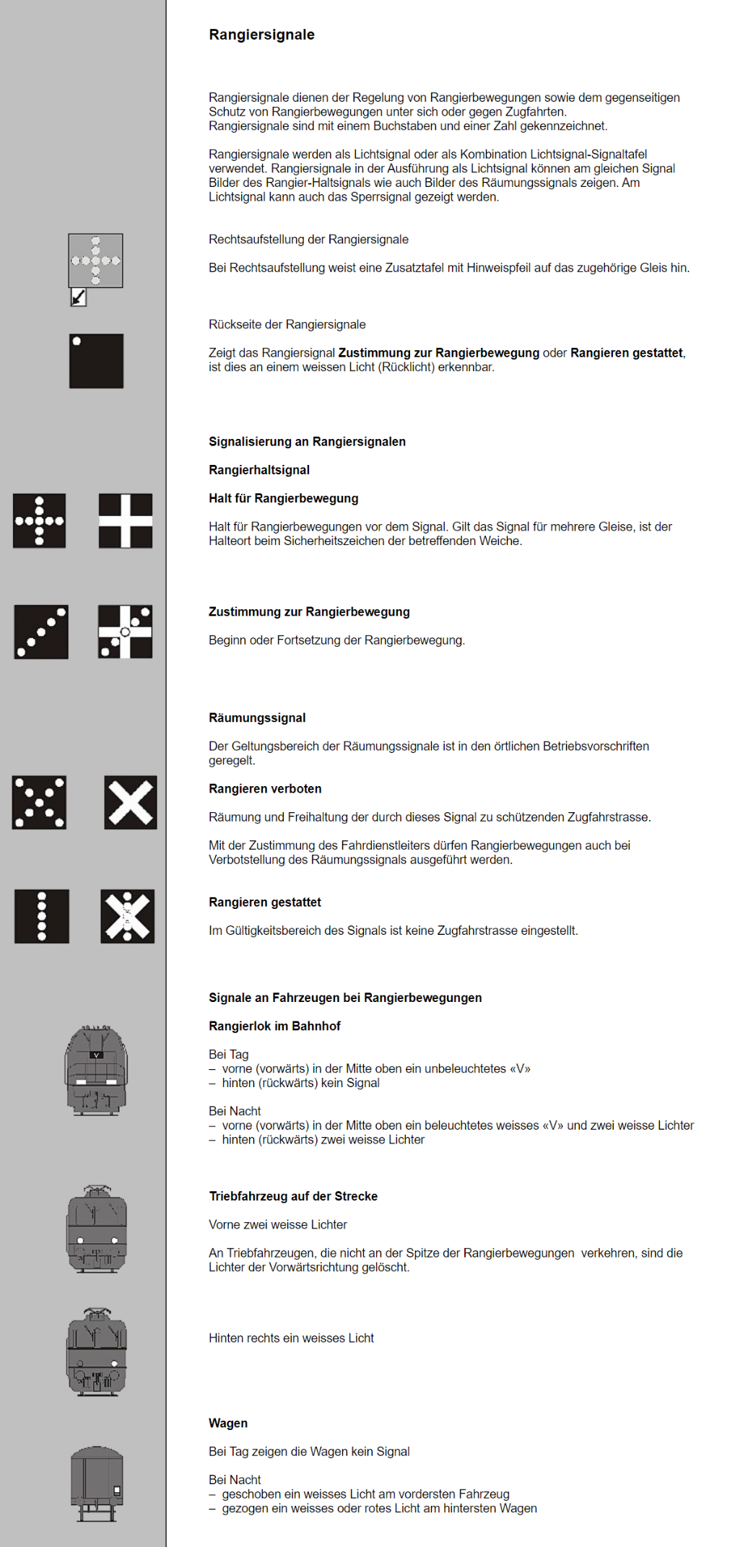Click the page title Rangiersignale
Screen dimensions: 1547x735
[261, 35]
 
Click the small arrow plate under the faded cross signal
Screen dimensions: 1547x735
[78, 297]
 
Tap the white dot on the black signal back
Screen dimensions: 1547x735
[77, 341]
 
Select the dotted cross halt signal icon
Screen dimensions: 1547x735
[39, 520]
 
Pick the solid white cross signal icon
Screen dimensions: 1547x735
[125, 520]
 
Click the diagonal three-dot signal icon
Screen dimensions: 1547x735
[41, 632]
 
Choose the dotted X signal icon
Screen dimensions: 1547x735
[39, 802]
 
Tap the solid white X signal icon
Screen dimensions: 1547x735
[131, 802]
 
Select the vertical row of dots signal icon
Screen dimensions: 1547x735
[42, 916]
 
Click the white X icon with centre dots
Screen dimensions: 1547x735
[128, 916]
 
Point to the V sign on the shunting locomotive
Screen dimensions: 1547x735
[96, 1055]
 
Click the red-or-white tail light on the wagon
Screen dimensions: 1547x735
[117, 1490]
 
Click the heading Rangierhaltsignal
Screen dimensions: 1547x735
[259, 470]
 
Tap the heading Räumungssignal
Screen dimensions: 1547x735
[257, 718]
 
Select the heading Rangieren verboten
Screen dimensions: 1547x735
[265, 789]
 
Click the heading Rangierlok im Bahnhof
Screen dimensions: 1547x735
[274, 1026]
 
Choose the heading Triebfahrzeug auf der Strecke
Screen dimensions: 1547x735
[293, 1196]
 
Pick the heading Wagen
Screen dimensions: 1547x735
[228, 1423]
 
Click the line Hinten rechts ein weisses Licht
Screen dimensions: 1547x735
[291, 1338]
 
